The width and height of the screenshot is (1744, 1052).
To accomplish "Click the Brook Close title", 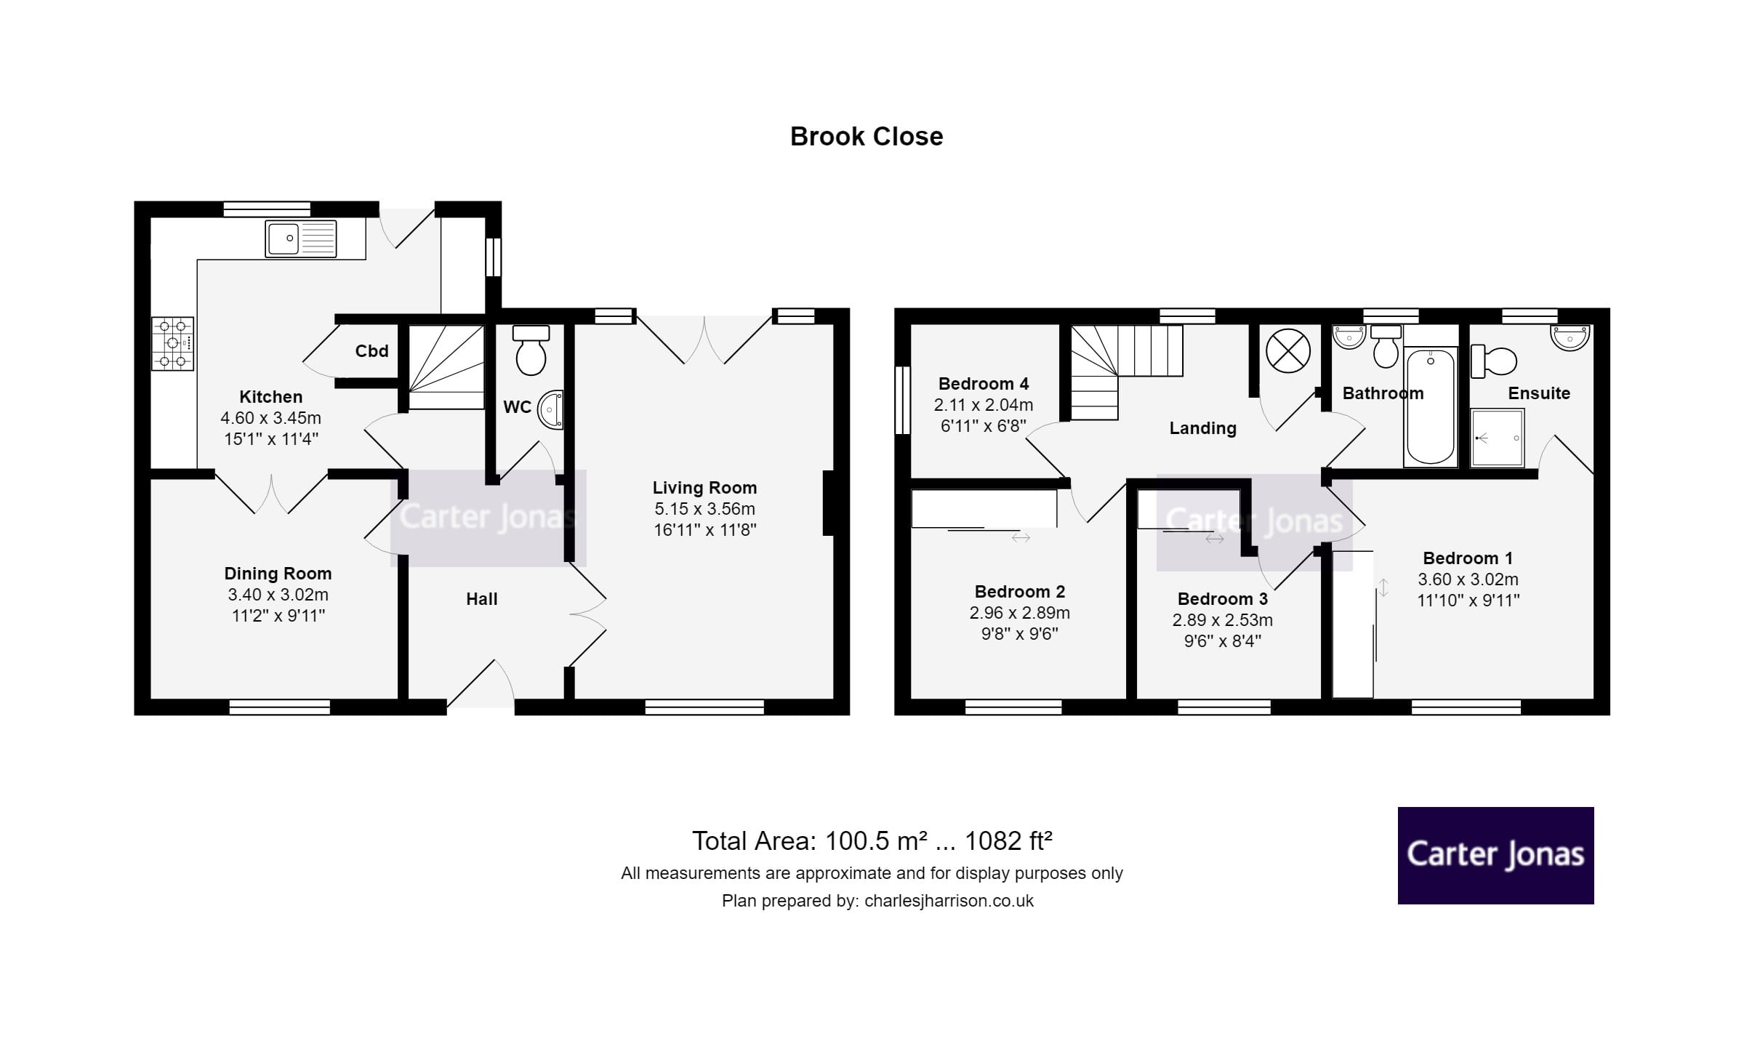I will tap(866, 137).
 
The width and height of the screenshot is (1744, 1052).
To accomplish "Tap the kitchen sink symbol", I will tap(301, 238).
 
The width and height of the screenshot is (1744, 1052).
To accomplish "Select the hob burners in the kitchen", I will tap(173, 344).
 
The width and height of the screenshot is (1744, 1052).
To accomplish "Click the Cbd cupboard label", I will tap(371, 351).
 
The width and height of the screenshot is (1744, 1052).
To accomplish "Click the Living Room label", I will tap(704, 488).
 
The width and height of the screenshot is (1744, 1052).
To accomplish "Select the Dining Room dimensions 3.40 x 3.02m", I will tap(278, 595).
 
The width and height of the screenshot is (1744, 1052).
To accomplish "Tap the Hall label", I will tap(481, 599).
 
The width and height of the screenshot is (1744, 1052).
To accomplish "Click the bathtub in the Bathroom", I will tap(1430, 406).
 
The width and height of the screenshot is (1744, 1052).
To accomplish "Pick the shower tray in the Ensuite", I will tap(1497, 438).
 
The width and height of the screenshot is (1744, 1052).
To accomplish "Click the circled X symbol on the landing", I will tap(1287, 351).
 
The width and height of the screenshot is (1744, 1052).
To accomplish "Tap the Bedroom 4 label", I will tap(983, 384).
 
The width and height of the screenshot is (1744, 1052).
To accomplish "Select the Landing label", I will tap(1202, 428).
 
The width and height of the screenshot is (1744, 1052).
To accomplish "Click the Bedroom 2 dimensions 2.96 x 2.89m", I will tap(1019, 613).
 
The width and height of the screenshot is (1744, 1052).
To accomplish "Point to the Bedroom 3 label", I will tap(1222, 599).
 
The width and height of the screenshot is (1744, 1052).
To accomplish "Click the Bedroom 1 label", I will tap(1467, 558).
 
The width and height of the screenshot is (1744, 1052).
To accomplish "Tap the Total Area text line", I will tap(872, 841).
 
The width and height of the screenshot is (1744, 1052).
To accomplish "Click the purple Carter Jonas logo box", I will tap(1495, 855).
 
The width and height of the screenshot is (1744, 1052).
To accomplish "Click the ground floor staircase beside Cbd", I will tap(446, 367).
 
